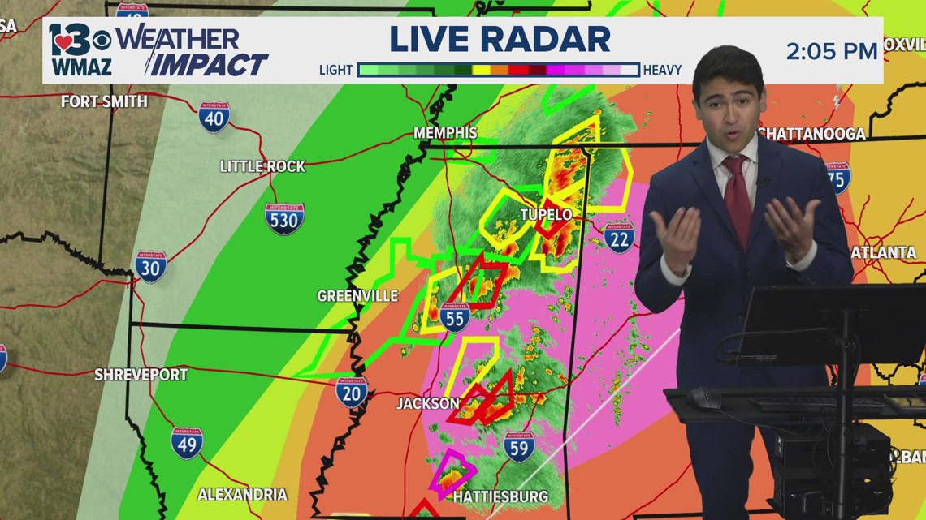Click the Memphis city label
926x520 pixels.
point(445,132)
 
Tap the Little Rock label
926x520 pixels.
point(262,166)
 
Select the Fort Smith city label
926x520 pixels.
point(105,101)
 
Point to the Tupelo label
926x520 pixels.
point(546,214)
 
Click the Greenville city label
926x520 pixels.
point(357,296)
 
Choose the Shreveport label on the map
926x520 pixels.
point(141,375)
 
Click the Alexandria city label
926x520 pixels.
point(242,494)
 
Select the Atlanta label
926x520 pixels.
point(884,252)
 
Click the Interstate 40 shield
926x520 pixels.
point(214,117)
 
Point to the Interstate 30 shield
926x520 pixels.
point(151,266)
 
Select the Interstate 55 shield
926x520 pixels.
point(455,316)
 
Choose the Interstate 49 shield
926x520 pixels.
point(187,443)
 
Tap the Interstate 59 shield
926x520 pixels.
point(519,446)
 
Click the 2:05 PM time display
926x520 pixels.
point(831,52)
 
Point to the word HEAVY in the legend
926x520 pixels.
point(662,71)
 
